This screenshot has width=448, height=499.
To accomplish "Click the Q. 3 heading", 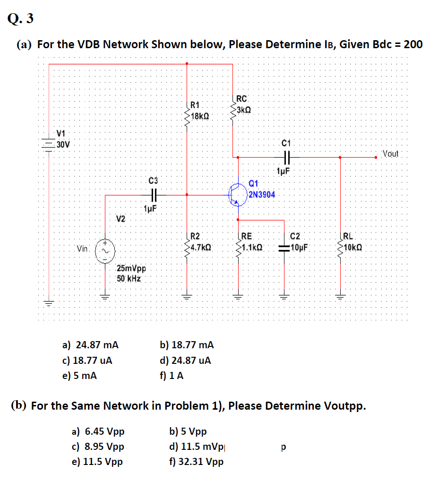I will tap(21, 19).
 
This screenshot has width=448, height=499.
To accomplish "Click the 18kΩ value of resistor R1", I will tap(200, 115).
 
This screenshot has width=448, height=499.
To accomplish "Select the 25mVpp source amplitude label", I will tap(132, 268).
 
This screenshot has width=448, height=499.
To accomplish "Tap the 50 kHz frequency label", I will tap(129, 278).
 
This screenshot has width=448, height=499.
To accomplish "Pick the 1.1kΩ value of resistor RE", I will tap(251, 248).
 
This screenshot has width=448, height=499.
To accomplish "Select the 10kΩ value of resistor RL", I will tap(353, 248).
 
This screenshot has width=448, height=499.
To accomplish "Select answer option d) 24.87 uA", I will tap(186, 361).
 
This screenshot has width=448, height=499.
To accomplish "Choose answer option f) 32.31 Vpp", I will tap(196, 461).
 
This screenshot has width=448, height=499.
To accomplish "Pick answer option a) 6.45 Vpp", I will tap(98, 431).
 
